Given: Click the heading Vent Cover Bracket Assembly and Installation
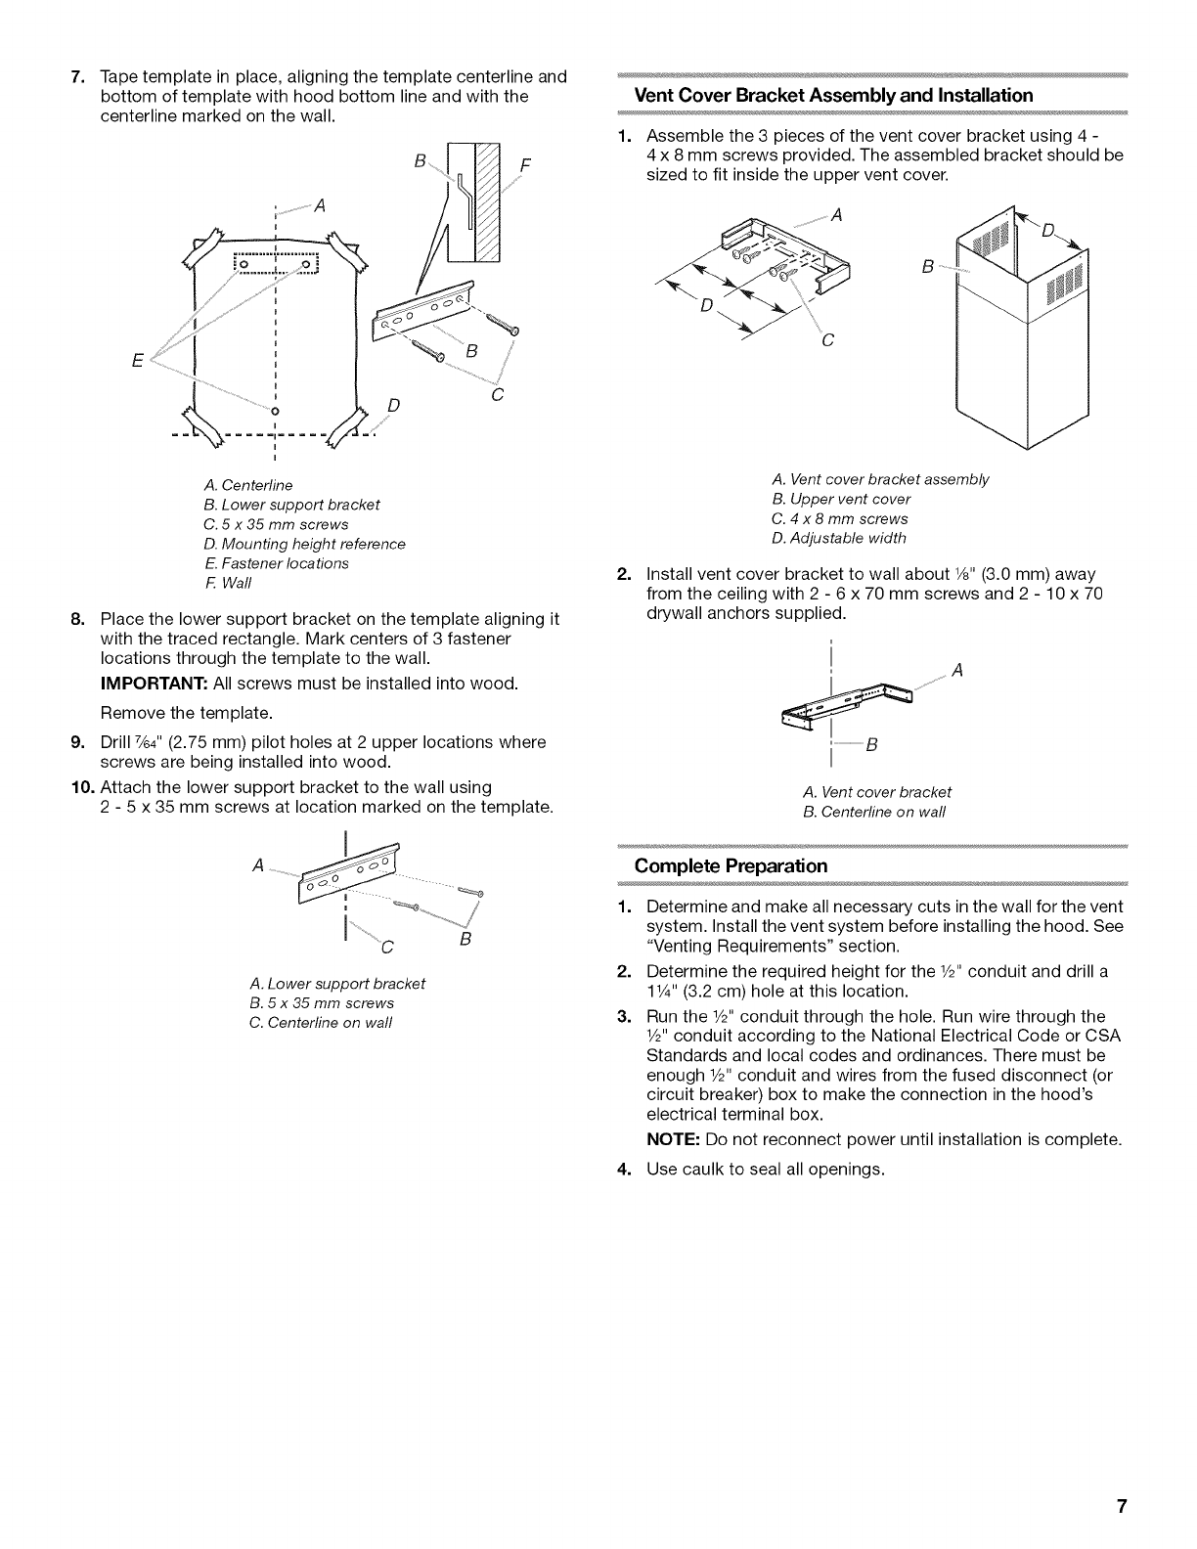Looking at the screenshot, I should (833, 95).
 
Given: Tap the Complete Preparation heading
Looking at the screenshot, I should (731, 865).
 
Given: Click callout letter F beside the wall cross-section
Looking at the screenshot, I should (525, 164).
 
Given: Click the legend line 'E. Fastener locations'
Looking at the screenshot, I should (276, 563).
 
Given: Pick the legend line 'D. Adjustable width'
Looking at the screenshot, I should (838, 538).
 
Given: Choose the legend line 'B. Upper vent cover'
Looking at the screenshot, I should (840, 499).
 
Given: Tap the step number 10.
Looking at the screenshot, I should (81, 787).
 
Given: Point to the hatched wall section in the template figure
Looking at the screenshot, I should (486, 200).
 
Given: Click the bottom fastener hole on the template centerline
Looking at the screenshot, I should (276, 409).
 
